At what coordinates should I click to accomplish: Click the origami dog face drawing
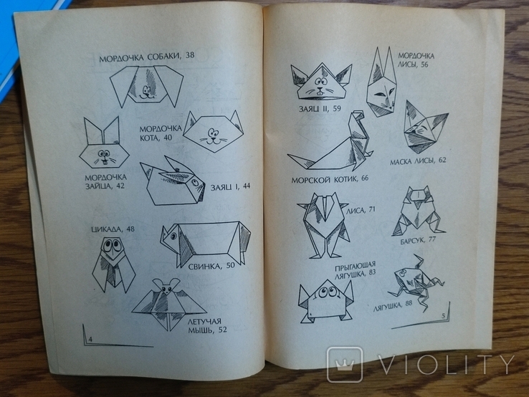147,86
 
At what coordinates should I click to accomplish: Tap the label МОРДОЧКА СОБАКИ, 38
147,57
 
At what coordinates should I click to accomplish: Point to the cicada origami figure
114,264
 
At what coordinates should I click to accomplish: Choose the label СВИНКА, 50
211,266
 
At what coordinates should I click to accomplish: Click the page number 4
90,340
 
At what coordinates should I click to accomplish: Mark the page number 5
443,316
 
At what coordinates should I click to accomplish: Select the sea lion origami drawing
330,141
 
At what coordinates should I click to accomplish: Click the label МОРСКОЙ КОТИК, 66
330,179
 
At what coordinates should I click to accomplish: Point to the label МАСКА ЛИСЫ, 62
418,161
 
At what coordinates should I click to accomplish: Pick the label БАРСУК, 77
418,241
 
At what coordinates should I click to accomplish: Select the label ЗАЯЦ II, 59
320,109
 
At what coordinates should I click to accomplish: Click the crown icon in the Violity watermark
344,364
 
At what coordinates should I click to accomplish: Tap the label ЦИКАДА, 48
113,229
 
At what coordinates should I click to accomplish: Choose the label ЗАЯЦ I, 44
230,186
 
